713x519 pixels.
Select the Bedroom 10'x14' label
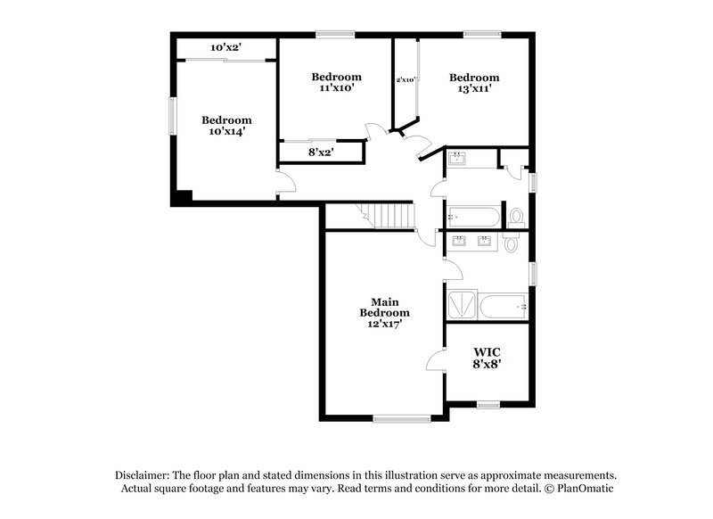click(225, 125)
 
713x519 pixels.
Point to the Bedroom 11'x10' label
click(336, 82)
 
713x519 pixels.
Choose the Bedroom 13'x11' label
click(473, 82)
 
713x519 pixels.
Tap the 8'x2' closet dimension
click(322, 152)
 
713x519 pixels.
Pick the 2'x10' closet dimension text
click(406, 79)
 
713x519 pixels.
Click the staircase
click(389, 215)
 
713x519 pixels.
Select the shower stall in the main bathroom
click(462, 306)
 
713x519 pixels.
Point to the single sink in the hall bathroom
click(457, 160)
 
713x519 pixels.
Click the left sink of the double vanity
click(460, 240)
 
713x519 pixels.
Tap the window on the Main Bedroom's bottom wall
click(395, 417)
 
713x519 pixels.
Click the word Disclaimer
click(144, 475)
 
